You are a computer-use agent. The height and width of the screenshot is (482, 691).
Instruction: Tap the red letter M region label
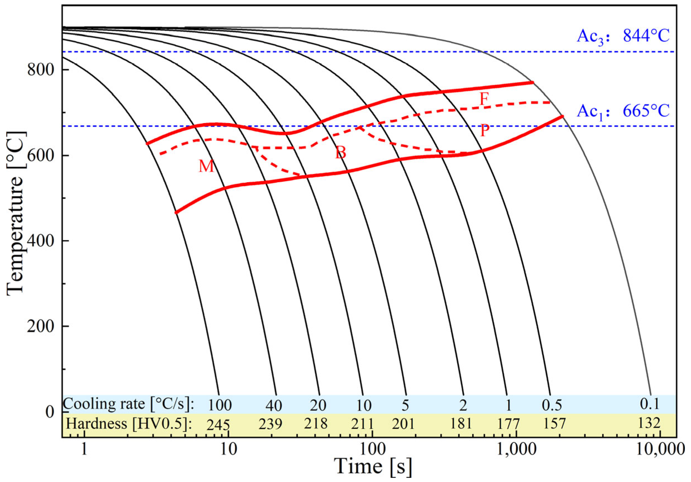click(207, 166)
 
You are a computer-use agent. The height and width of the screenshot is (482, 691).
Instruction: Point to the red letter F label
click(484, 99)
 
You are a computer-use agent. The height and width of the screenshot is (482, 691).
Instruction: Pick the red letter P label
click(484, 131)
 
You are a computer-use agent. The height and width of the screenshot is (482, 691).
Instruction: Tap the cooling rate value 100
click(220, 405)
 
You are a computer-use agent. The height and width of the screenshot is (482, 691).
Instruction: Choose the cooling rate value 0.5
click(552, 405)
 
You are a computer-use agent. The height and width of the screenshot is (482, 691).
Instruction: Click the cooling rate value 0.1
click(649, 404)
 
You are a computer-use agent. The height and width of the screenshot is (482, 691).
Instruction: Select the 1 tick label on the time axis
click(84, 450)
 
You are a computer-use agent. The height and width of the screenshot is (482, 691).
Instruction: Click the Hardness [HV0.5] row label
click(129, 424)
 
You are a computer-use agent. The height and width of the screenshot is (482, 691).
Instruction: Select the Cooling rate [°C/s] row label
click(129, 404)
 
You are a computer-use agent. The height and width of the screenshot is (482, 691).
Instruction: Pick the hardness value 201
click(403, 424)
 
